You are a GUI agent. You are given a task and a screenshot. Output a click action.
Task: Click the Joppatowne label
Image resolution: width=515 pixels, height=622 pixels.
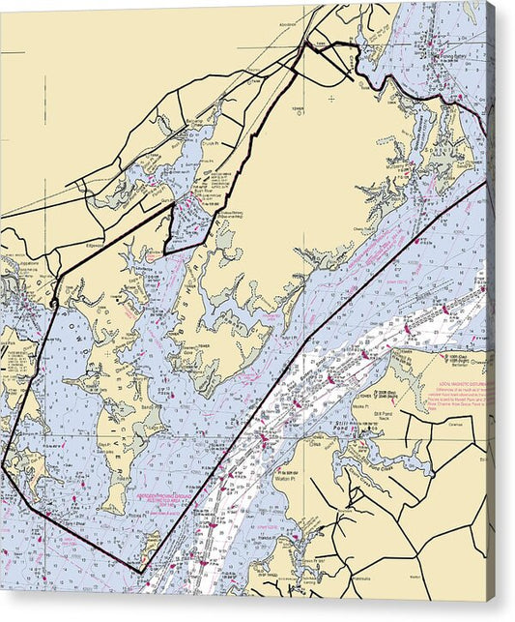[x=21, y=263]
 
